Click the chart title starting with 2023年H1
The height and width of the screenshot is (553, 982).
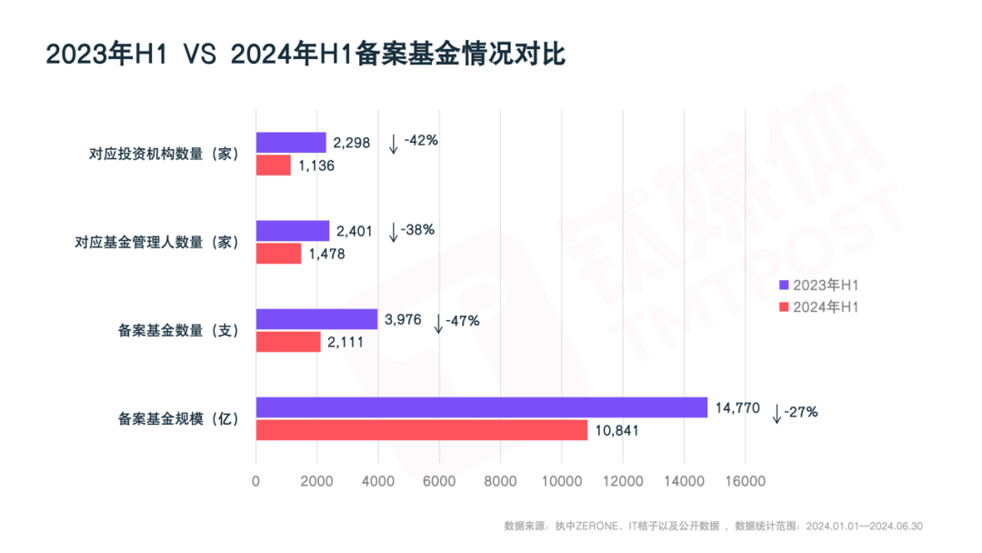(306, 54)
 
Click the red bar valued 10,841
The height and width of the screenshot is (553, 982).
(421, 430)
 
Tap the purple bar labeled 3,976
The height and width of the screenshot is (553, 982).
(316, 319)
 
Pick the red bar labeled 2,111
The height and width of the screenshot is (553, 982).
(288, 342)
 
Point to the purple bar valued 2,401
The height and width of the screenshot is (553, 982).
(292, 231)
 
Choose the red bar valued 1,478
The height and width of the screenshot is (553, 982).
(278, 254)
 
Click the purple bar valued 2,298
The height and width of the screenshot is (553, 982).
(290, 143)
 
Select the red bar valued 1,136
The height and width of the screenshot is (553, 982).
(273, 166)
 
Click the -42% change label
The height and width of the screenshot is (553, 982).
(421, 141)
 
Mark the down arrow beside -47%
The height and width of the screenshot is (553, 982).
(438, 323)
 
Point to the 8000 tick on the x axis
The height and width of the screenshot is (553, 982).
(500, 481)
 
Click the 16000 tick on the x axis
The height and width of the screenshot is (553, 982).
(745, 481)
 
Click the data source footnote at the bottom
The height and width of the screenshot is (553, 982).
(714, 526)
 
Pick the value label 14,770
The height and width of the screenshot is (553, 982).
(736, 408)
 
